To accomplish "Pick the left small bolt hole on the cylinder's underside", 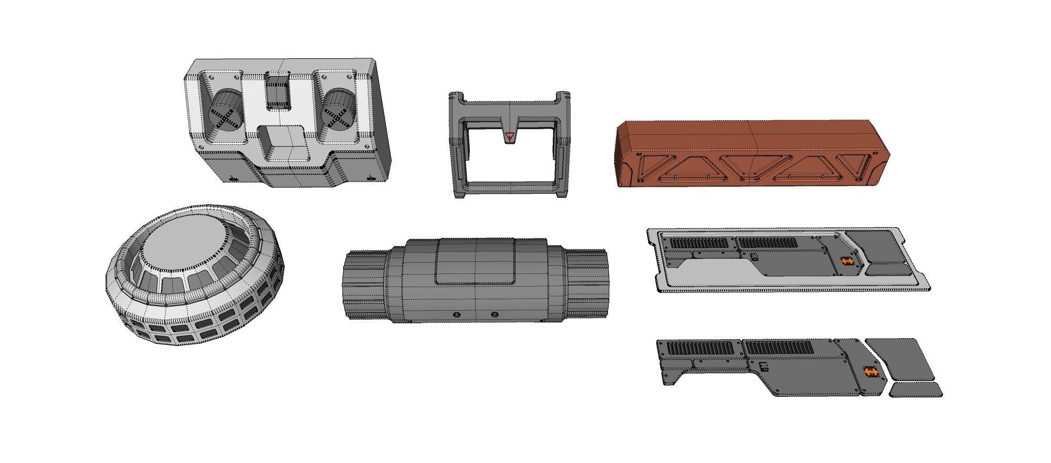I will coord(456,315).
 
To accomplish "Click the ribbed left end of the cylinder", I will coord(363,284).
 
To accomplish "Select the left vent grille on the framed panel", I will coord(699,243).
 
